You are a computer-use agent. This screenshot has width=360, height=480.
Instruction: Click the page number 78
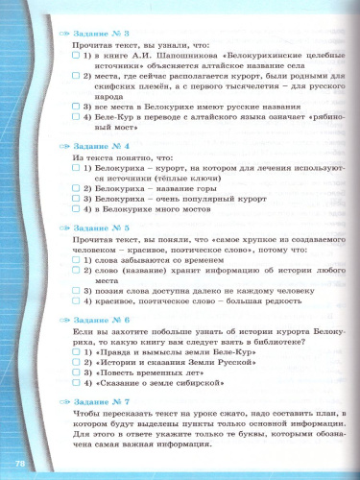pyautogui.click(x=20, y=465)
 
